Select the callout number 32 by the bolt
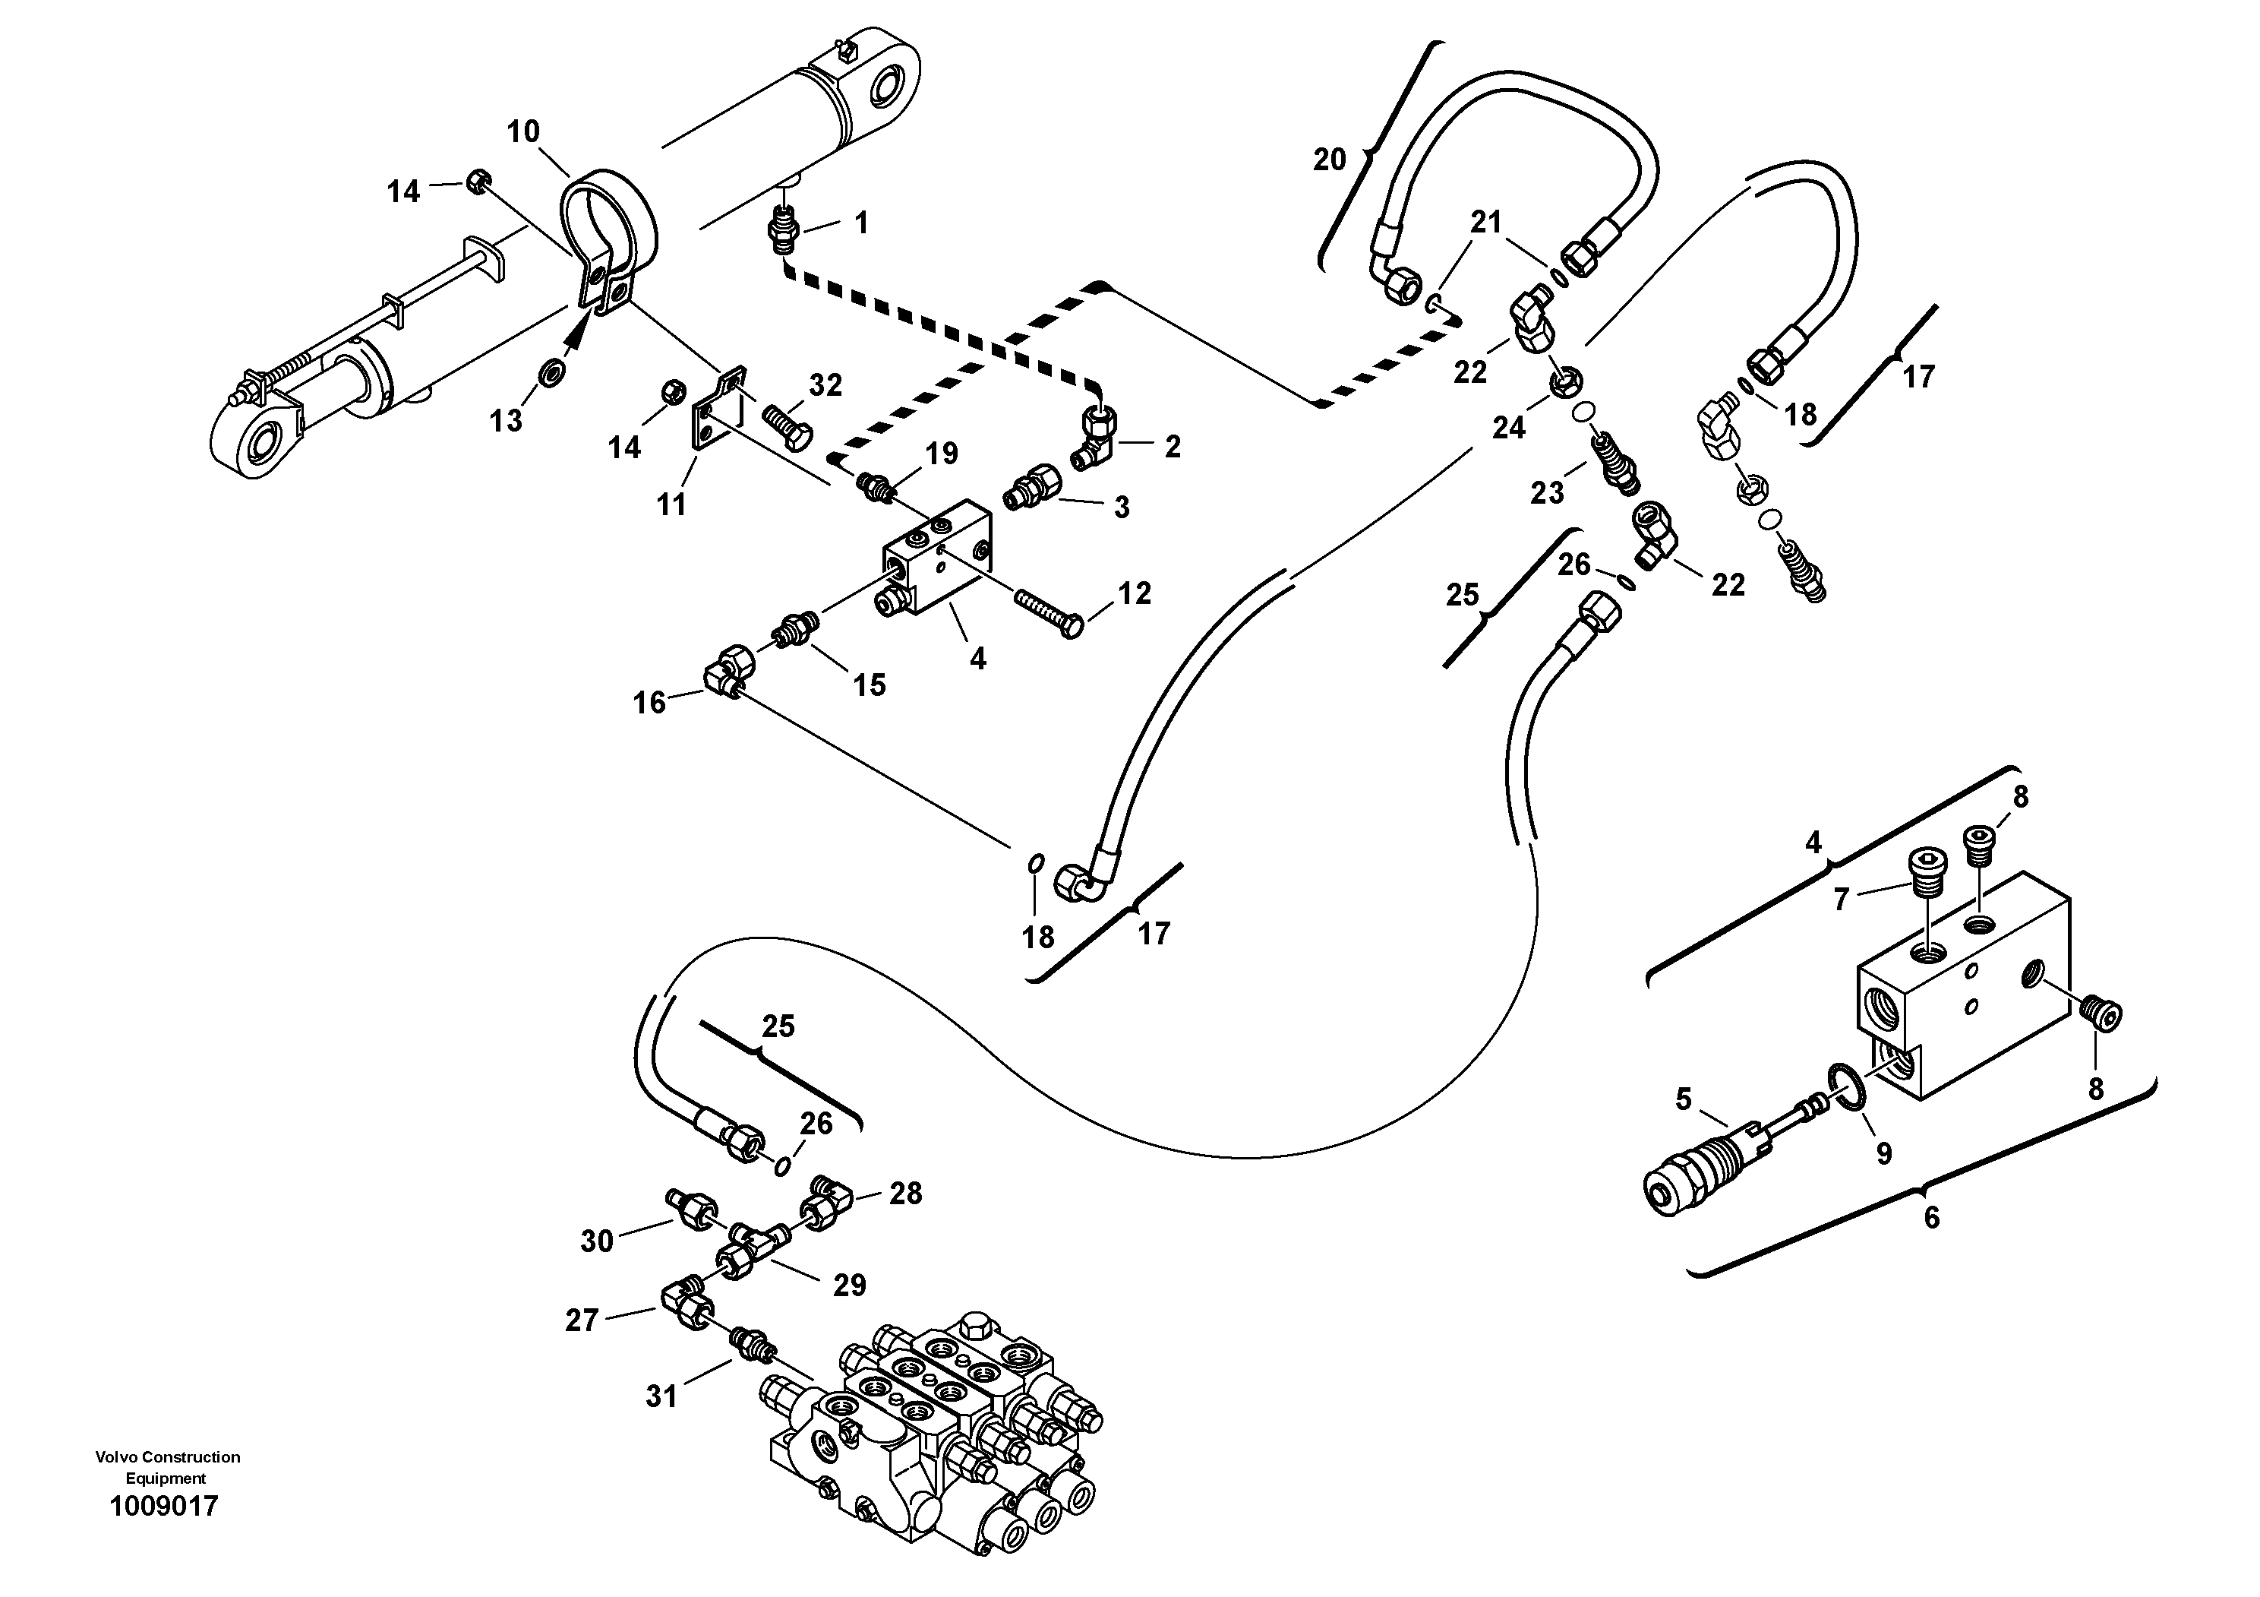[x=825, y=385]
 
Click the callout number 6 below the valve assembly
[x=1931, y=1218]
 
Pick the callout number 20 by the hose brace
[x=1329, y=159]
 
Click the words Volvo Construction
[x=167, y=1457]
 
